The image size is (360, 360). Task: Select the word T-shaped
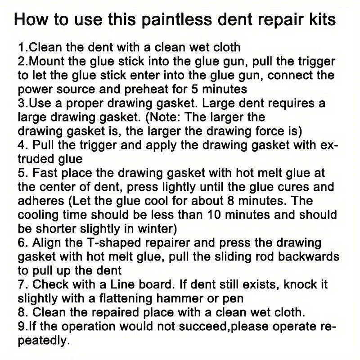(x=110, y=243)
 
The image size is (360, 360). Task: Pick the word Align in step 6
(x=49, y=243)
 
